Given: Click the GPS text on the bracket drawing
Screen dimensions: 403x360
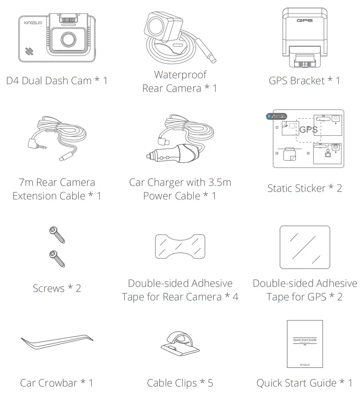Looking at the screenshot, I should pyautogui.click(x=304, y=20).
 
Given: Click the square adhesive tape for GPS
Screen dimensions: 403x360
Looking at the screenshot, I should pyautogui.click(x=305, y=247).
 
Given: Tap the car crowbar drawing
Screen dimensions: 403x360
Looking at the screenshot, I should pyautogui.click(x=57, y=341).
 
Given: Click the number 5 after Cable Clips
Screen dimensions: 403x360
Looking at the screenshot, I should pyautogui.click(x=210, y=383).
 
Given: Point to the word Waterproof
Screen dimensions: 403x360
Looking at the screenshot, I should pyautogui.click(x=180, y=75).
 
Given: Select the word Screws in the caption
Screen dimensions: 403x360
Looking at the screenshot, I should pyautogui.click(x=48, y=288).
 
